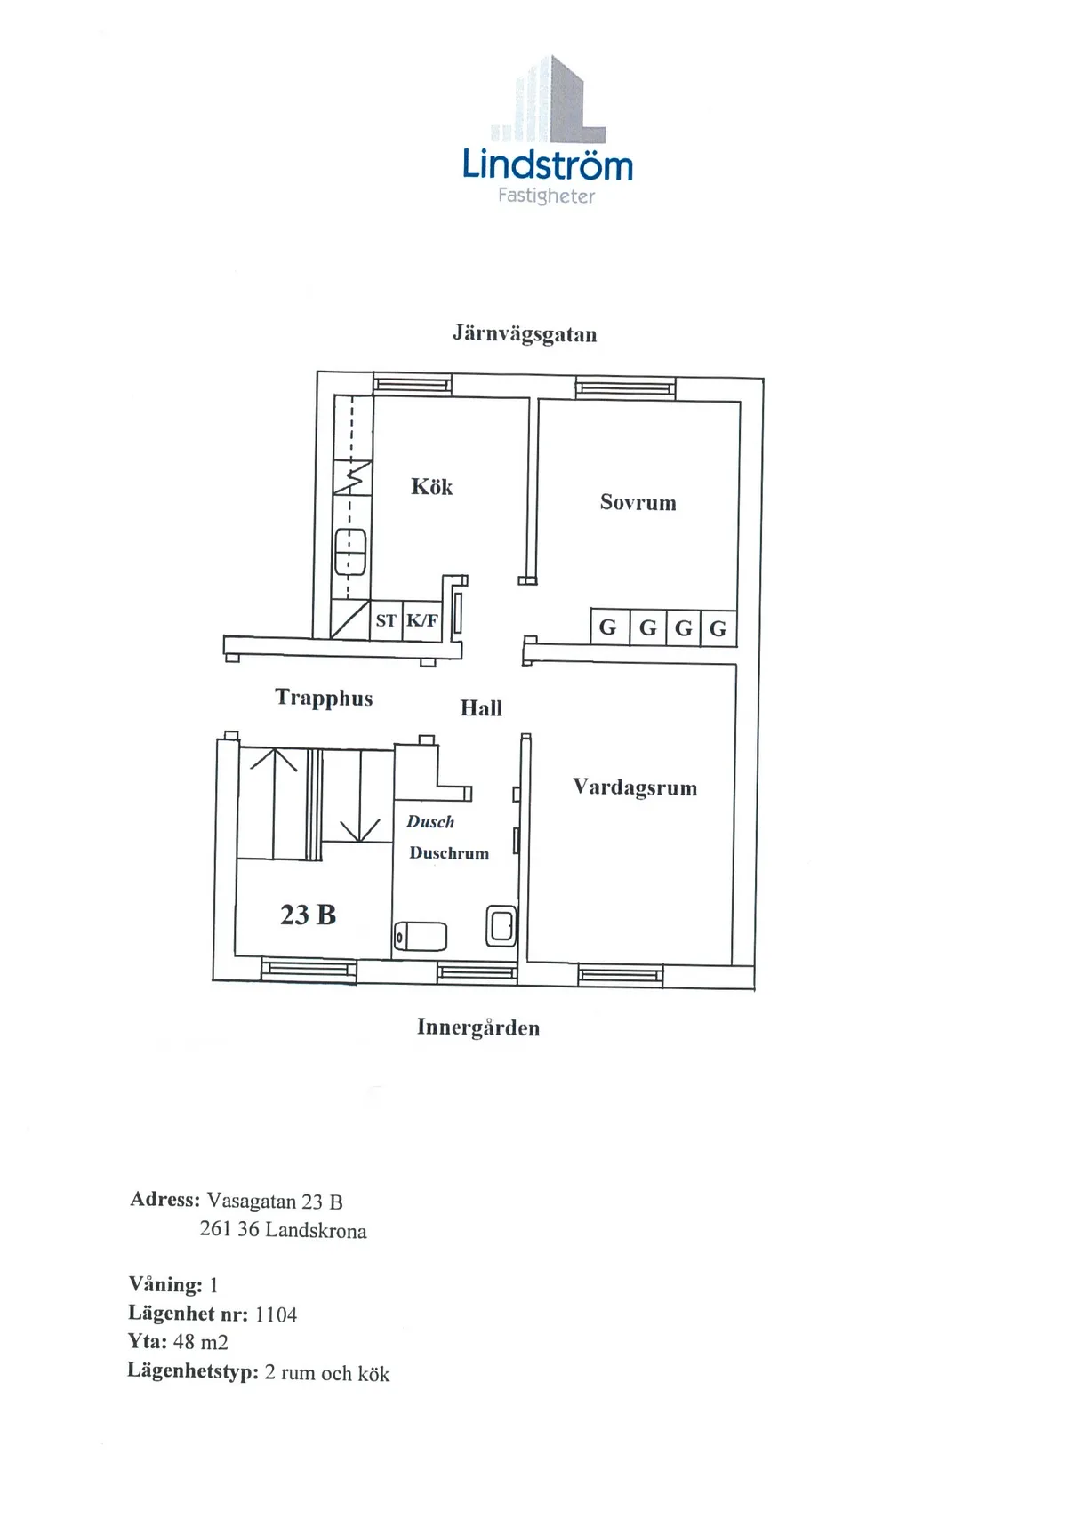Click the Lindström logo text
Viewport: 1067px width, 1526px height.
pos(548,165)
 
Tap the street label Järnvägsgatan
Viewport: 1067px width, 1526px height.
pos(525,335)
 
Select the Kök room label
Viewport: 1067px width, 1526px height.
pos(431,486)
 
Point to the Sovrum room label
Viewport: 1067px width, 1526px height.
pos(638,502)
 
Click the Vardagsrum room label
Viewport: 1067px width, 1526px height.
pos(635,787)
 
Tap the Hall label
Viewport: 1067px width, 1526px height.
pos(481,708)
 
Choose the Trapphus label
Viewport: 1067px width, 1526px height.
pos(324,698)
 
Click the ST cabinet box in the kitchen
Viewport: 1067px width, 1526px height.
pos(386,620)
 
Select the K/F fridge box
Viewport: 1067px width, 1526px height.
pos(422,620)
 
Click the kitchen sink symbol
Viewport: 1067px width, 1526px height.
pos(350,552)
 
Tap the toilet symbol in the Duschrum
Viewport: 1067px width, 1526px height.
pos(421,937)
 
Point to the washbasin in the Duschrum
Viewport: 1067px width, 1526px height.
pos(501,925)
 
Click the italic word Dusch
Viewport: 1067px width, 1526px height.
pos(430,822)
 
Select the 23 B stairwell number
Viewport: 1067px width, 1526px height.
pos(308,915)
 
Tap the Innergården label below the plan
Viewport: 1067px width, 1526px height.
pos(478,1028)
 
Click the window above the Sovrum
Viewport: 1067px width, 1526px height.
pos(625,387)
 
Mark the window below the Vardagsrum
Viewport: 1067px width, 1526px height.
pos(620,975)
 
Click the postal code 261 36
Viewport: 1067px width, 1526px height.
pos(229,1230)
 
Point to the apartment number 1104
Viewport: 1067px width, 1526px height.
pos(276,1314)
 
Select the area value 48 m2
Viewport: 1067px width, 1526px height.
pos(201,1342)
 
